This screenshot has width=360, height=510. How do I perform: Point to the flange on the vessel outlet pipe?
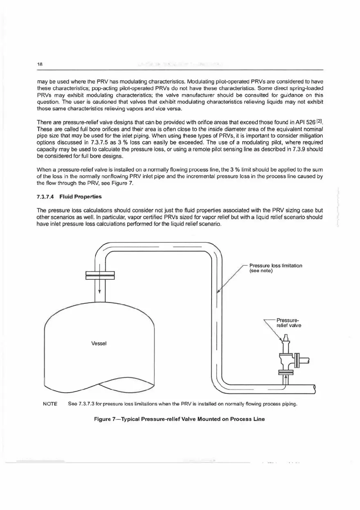pyautogui.click(x=100, y=275)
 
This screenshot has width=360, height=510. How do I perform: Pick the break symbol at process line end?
pyautogui.click(x=315, y=388)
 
